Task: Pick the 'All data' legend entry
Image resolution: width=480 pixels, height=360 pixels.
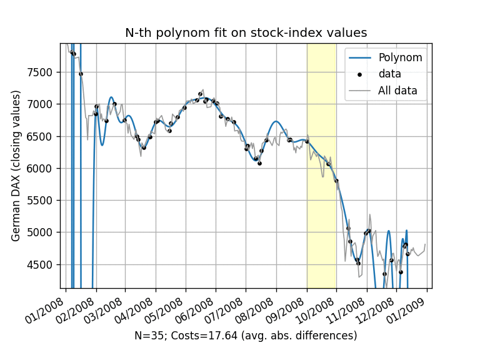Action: click(397, 91)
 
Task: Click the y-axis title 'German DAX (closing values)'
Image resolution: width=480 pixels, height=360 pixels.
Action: click(16, 166)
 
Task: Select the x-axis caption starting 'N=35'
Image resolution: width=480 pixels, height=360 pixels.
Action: click(246, 336)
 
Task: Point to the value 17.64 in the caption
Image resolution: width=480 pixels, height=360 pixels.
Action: click(218, 336)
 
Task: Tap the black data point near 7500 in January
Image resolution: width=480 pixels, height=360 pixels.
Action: click(81, 74)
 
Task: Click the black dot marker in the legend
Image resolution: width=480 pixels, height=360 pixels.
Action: click(359, 74)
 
